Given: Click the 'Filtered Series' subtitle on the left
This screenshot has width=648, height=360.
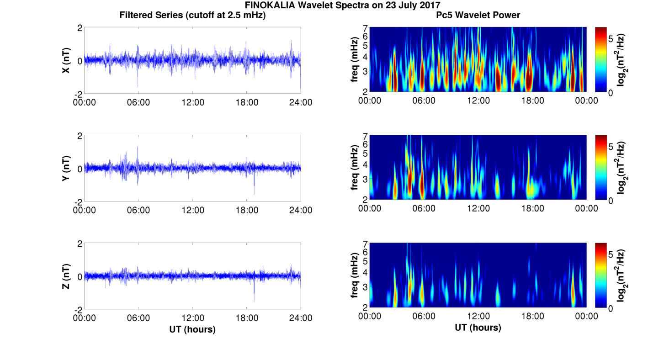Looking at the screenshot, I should click(192, 15).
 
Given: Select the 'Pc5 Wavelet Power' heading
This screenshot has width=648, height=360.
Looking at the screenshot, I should click(478, 15).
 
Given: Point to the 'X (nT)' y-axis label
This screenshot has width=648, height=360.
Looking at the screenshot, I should click(66, 60).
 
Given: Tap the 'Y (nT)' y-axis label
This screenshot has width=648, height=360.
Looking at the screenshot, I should click(66, 168).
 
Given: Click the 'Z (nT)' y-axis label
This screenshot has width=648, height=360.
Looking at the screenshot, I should click(66, 276).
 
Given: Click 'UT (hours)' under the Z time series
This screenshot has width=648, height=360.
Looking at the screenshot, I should click(192, 329).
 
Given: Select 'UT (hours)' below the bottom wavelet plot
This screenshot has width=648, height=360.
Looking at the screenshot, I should click(478, 328).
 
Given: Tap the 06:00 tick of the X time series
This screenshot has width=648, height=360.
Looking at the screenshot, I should click(138, 102).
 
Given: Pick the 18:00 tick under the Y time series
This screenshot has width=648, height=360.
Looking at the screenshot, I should click(247, 210).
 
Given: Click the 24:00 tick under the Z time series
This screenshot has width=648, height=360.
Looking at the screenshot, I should click(301, 318).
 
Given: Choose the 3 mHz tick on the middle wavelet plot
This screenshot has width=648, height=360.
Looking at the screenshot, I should click(365, 180).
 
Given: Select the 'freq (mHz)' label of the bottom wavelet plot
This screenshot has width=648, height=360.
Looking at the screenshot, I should click(354, 276).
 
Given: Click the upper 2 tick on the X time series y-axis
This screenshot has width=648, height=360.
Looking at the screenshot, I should click(80, 28).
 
